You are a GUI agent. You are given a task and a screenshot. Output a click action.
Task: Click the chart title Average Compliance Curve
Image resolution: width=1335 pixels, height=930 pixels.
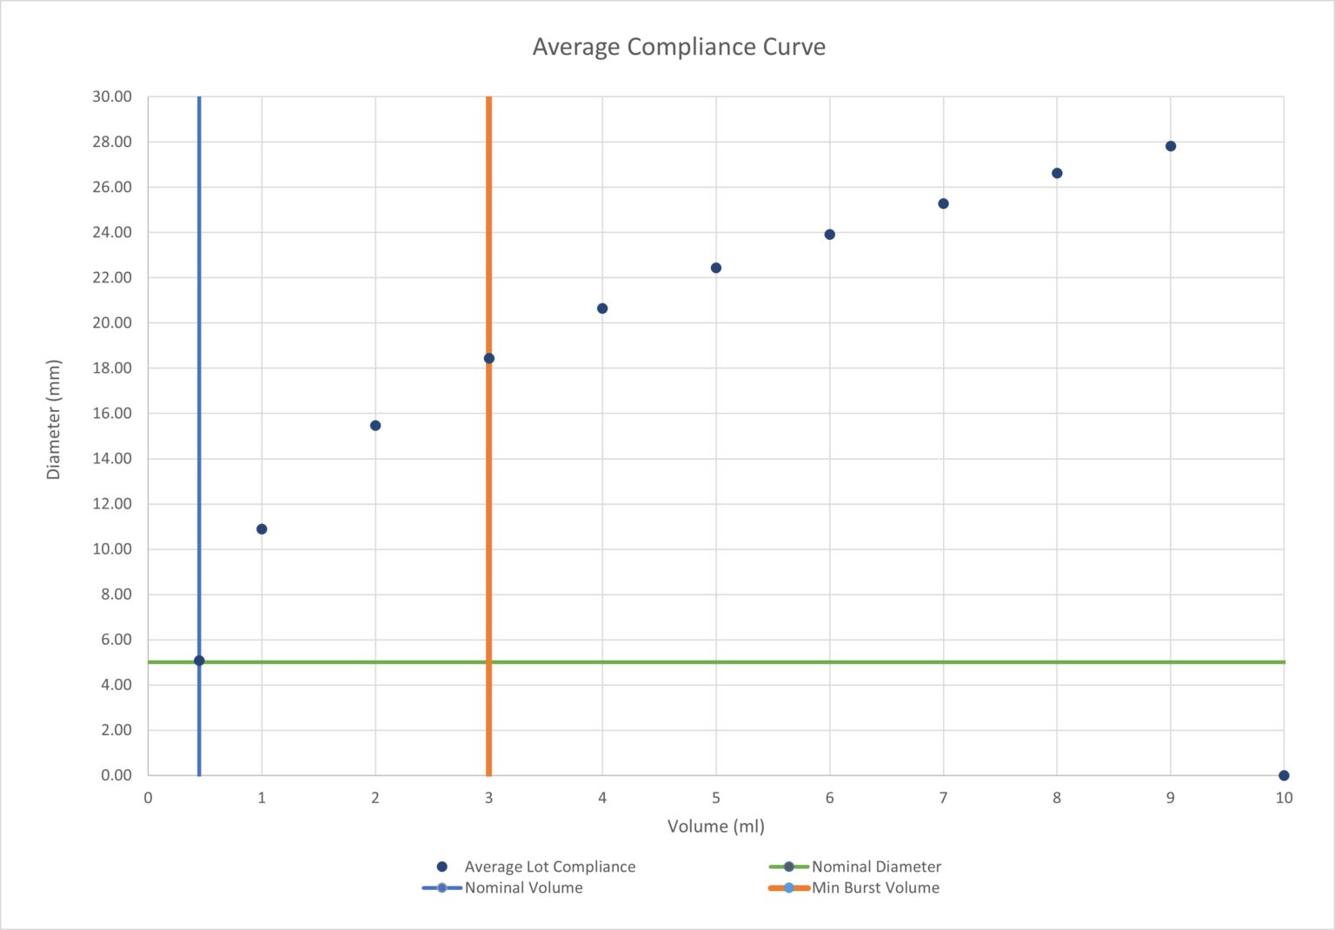(679, 47)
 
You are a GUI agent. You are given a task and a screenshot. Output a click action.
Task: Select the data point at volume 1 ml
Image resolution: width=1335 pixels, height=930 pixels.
(262, 529)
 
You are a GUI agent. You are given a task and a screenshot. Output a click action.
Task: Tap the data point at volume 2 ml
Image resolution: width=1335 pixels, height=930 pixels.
(375, 426)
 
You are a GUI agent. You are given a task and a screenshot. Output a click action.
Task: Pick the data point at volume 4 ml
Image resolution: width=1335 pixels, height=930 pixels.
(602, 309)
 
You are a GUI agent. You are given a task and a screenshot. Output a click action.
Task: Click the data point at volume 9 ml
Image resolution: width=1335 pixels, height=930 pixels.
(1171, 146)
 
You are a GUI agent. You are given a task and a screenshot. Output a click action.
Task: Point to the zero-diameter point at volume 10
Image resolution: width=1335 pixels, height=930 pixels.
(1284, 775)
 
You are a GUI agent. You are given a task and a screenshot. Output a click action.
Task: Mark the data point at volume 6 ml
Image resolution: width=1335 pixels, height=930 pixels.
(829, 235)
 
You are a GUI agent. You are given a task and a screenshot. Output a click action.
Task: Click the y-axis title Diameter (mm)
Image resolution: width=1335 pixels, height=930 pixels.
(54, 419)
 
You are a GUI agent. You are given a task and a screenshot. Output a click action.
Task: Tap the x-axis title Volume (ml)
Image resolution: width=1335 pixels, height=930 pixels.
(715, 826)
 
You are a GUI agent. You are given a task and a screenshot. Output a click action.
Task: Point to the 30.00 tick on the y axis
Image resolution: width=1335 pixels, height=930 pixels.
(112, 96)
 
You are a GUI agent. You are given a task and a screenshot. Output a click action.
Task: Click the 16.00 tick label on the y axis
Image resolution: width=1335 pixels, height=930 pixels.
(112, 413)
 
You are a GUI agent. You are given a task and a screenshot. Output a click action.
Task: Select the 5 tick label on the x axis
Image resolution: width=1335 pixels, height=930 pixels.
(716, 798)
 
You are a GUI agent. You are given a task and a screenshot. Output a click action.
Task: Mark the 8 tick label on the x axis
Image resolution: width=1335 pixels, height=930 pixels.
(1057, 798)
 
